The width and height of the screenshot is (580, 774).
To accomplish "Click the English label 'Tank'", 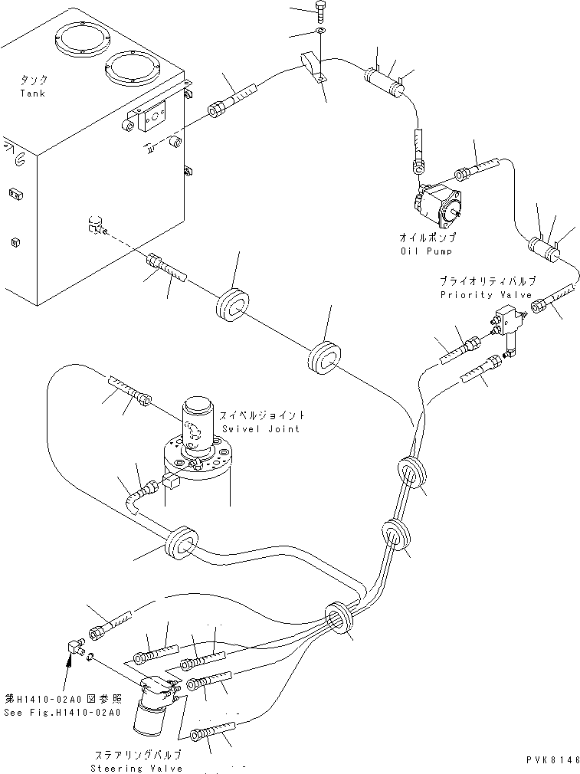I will (33, 93).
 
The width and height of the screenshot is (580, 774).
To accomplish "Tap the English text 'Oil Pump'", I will (428, 251).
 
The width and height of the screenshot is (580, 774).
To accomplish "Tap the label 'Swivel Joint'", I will (261, 428).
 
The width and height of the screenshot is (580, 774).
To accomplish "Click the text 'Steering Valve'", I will (137, 768).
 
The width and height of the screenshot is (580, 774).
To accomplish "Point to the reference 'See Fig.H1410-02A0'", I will (61, 713).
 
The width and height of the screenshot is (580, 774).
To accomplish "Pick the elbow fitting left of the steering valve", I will (73, 648).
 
